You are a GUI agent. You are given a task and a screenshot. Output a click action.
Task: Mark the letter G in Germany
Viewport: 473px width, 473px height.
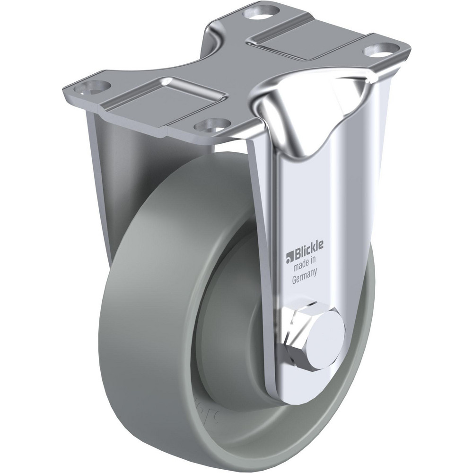294,280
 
